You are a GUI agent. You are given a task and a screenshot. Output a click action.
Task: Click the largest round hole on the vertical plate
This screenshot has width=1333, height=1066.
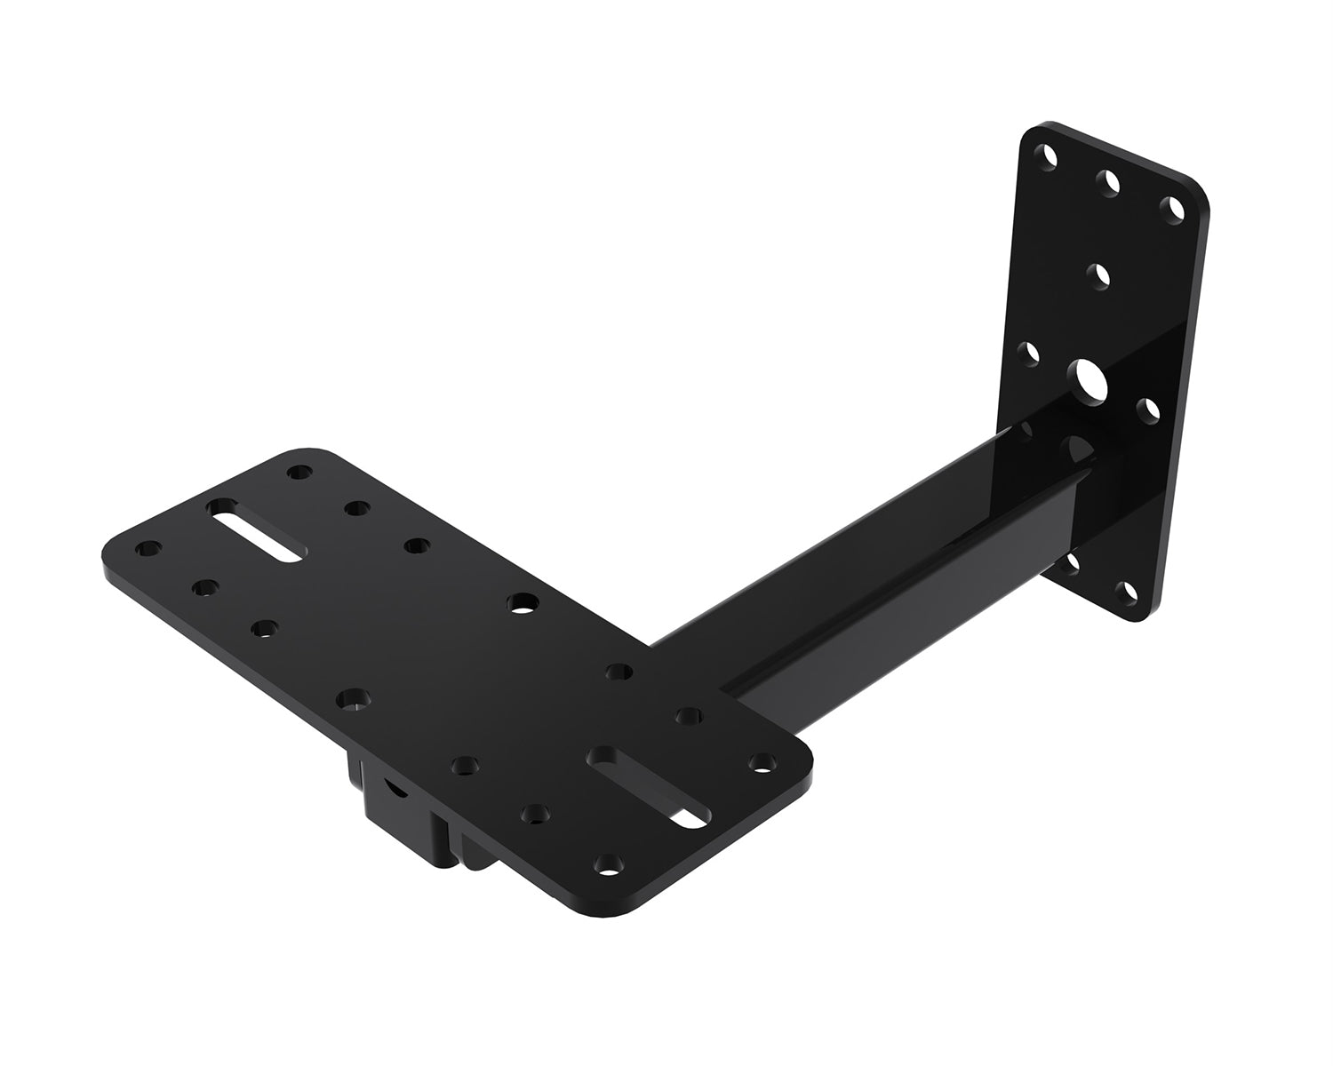[x=1089, y=379]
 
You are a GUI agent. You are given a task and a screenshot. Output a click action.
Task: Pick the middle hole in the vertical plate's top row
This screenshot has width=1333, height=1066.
[x=1108, y=182]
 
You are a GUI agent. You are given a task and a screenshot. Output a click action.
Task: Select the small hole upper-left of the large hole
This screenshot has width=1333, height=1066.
[x=1031, y=354]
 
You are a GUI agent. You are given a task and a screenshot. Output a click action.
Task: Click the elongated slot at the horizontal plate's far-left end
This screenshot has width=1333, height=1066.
[x=256, y=530]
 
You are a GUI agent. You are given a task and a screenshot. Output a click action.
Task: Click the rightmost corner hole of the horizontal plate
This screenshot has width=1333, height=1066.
[x=762, y=761]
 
